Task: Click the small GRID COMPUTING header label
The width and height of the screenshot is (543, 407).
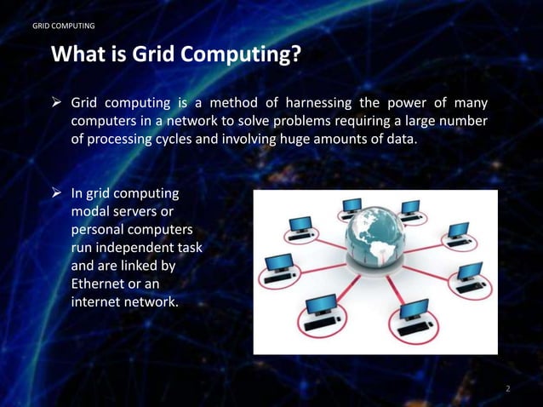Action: point(63,26)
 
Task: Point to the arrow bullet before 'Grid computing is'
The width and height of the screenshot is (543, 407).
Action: point(57,103)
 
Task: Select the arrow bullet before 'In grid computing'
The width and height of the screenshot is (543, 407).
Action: point(57,194)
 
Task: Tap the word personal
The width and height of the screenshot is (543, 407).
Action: point(97,230)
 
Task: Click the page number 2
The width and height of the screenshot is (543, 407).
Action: point(507,388)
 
